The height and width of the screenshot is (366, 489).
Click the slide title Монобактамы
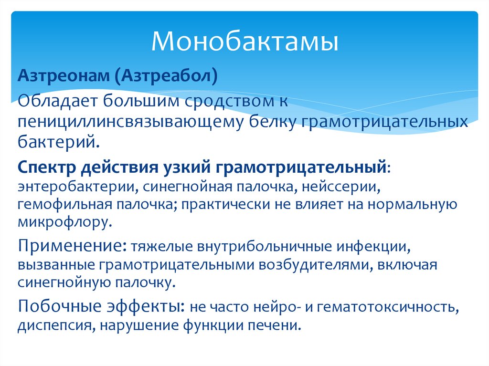[244, 42]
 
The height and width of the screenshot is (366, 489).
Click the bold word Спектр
[46, 167]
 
